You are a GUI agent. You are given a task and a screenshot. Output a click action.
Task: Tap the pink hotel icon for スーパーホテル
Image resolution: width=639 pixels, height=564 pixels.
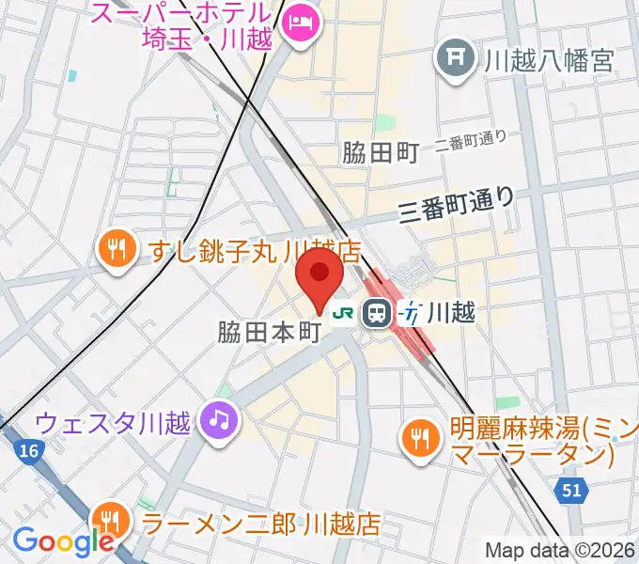tap(301, 19)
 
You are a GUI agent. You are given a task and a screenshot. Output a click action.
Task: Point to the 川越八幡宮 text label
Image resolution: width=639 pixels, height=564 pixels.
tap(549, 61)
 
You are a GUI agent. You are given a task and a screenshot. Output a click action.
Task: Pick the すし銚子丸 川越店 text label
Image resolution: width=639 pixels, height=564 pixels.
tap(255, 251)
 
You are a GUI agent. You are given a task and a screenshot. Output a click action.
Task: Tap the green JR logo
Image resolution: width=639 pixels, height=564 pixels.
tap(346, 310)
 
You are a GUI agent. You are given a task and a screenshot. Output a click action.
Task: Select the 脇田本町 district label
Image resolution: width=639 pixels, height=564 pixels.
tap(271, 332)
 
